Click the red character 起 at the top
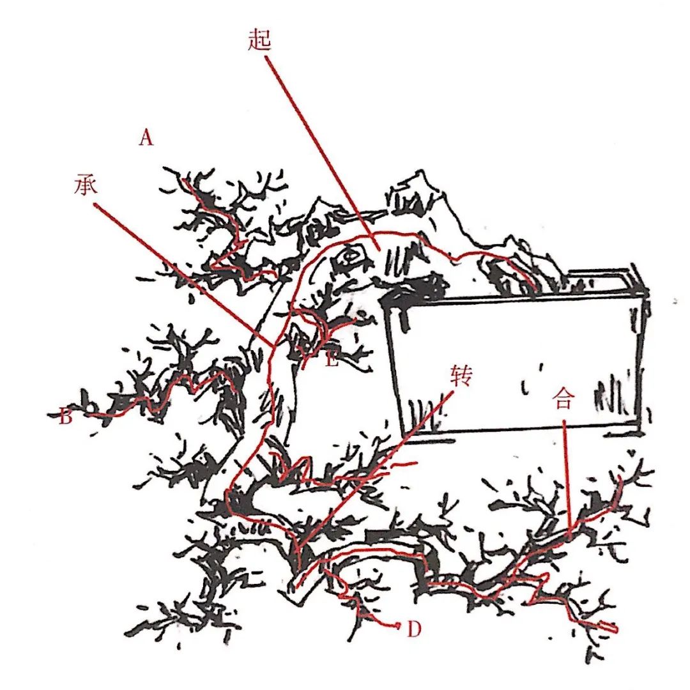pyautogui.click(x=259, y=40)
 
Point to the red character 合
pyautogui.click(x=563, y=400)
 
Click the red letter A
pyautogui.click(x=146, y=138)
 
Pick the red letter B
pyautogui.click(x=65, y=416)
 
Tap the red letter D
pyautogui.click(x=413, y=629)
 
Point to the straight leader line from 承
pyautogui.click(x=184, y=275)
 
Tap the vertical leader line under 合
pyautogui.click(x=567, y=479)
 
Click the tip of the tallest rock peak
pyautogui.click(x=421, y=170)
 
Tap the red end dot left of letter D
pyautogui.click(x=398, y=624)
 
